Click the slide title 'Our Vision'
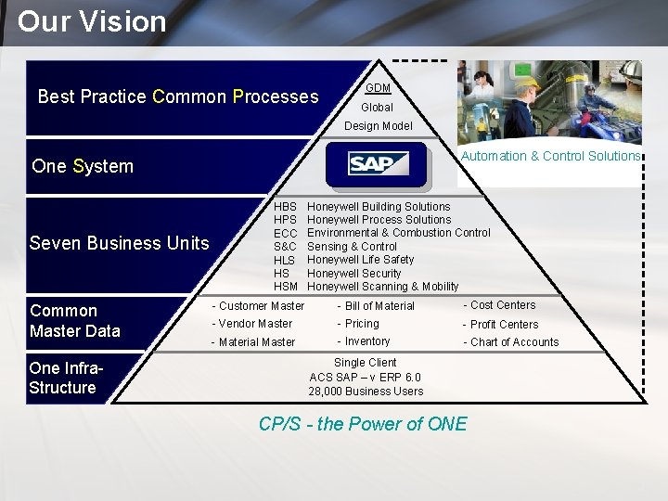point(92,21)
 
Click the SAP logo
point(378,164)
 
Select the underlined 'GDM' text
point(378,88)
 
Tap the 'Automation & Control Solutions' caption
point(551,156)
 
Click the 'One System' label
point(83,166)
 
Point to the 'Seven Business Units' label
point(119,243)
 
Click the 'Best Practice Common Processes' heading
point(177,96)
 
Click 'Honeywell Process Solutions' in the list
point(379,220)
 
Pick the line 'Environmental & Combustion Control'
point(398,233)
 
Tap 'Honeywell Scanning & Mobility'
point(382,287)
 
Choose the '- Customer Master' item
point(258,305)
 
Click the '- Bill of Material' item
point(376,306)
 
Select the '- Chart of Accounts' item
point(511,342)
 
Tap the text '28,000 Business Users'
point(366,391)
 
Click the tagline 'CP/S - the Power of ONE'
point(363,424)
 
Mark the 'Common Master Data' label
point(74,321)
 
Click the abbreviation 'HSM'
point(285,287)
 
